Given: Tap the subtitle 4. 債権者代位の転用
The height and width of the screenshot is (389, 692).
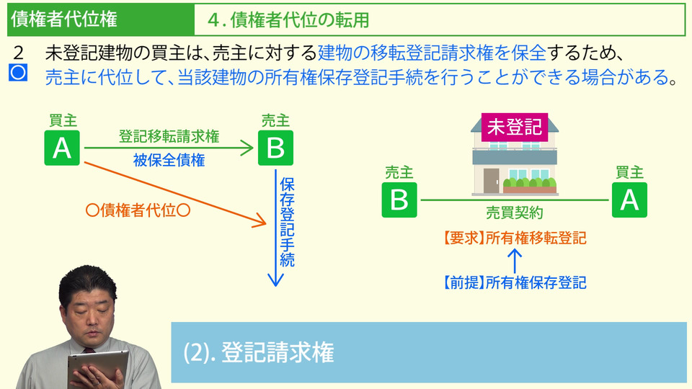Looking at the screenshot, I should point(288,20).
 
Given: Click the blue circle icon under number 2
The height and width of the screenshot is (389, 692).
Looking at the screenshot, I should point(19,73).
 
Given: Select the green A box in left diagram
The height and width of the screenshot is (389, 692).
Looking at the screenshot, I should point(62,148).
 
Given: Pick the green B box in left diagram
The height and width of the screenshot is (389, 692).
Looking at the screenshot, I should point(275,148).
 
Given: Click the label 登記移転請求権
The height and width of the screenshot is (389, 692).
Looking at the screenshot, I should point(169,135).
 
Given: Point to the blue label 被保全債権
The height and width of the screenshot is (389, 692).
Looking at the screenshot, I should point(169,161).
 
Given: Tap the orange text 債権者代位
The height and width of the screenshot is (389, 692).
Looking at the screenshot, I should point(138,210).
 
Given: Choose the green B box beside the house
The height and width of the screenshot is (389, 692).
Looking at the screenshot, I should point(399,200).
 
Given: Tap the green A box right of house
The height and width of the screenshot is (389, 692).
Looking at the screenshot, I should point(629,200).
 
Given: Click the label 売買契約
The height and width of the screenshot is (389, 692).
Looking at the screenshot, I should point(514,213).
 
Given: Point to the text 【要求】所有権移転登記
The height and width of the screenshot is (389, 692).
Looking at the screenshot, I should point(514,238).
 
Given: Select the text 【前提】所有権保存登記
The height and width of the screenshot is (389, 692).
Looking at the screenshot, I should point(514,282).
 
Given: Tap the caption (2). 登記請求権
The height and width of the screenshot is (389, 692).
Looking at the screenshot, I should point(259,353).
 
